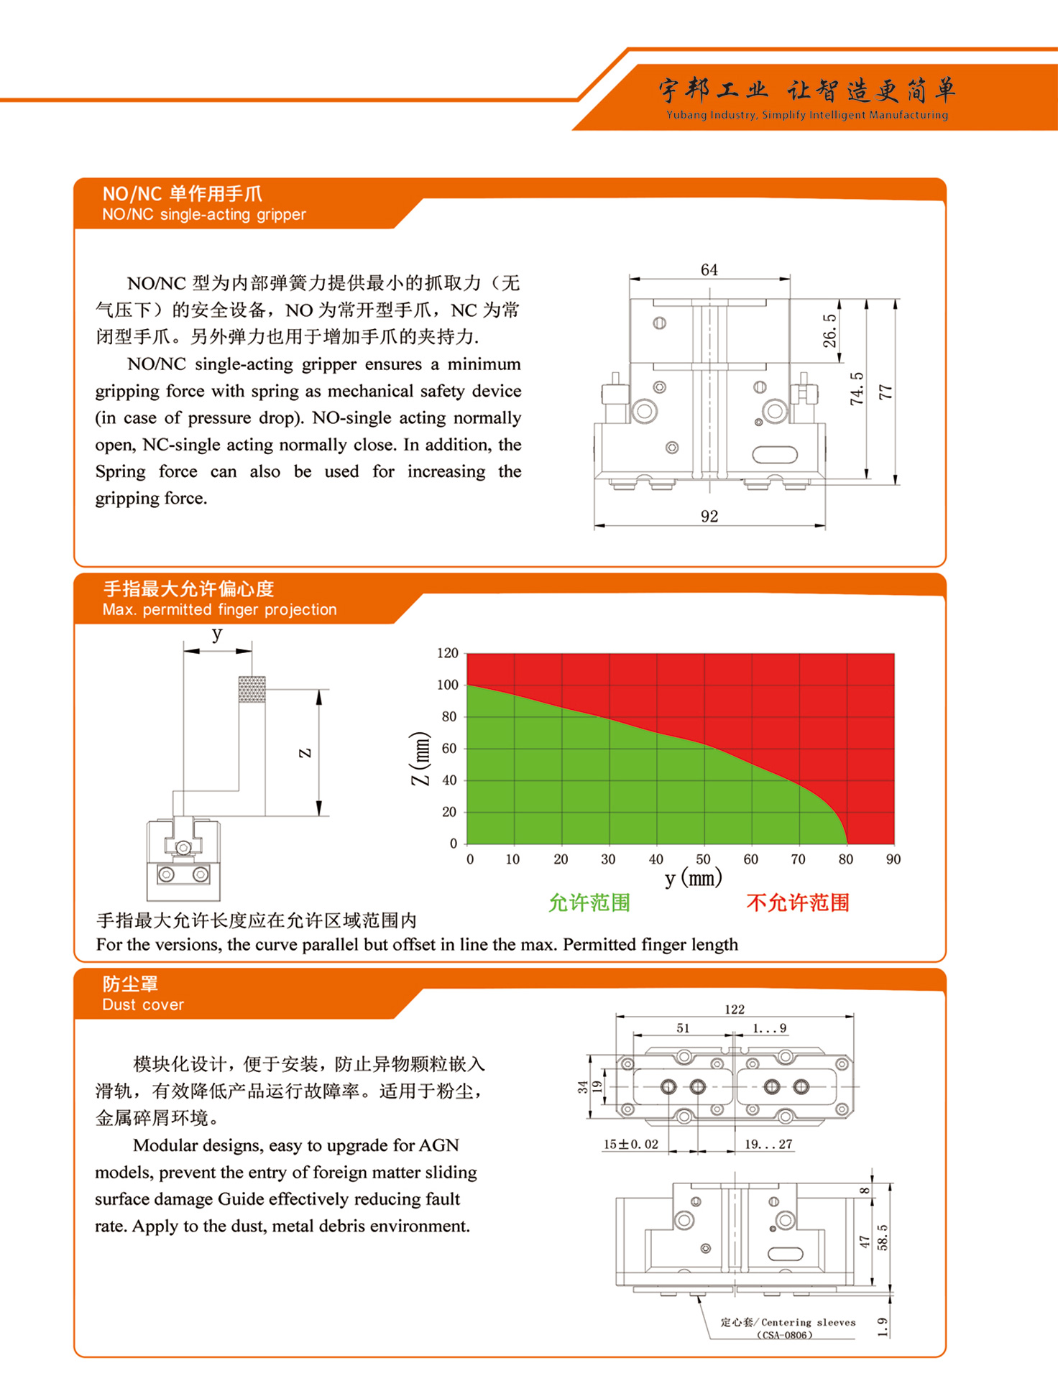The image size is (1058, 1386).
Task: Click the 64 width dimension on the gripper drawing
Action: [x=709, y=269]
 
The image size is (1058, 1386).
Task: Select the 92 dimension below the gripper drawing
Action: [x=709, y=516]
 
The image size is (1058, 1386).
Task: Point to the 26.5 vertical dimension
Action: [x=829, y=331]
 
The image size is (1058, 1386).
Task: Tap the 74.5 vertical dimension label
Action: [x=857, y=388]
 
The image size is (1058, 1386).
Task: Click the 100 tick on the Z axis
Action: [x=447, y=685]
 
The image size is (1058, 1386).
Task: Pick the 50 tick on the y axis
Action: [x=703, y=859]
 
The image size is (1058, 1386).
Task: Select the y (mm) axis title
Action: [x=693, y=878]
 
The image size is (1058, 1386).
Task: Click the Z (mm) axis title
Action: [x=420, y=758]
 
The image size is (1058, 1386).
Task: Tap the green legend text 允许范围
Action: [x=589, y=902]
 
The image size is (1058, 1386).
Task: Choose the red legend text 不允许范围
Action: [x=798, y=902]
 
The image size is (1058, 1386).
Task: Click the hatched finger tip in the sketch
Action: [x=252, y=689]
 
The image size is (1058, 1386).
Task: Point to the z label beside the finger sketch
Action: [x=305, y=753]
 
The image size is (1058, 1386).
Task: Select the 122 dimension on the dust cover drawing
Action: [x=735, y=1010]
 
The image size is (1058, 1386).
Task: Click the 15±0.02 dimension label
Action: [x=630, y=1144]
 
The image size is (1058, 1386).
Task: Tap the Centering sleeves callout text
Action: [x=808, y=1322]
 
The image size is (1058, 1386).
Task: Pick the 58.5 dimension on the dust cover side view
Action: [x=883, y=1237]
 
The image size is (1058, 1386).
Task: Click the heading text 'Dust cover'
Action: [x=143, y=1004]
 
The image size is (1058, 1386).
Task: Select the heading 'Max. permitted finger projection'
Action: [x=219, y=609]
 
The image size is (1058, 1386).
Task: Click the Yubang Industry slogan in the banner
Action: [x=806, y=115]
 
